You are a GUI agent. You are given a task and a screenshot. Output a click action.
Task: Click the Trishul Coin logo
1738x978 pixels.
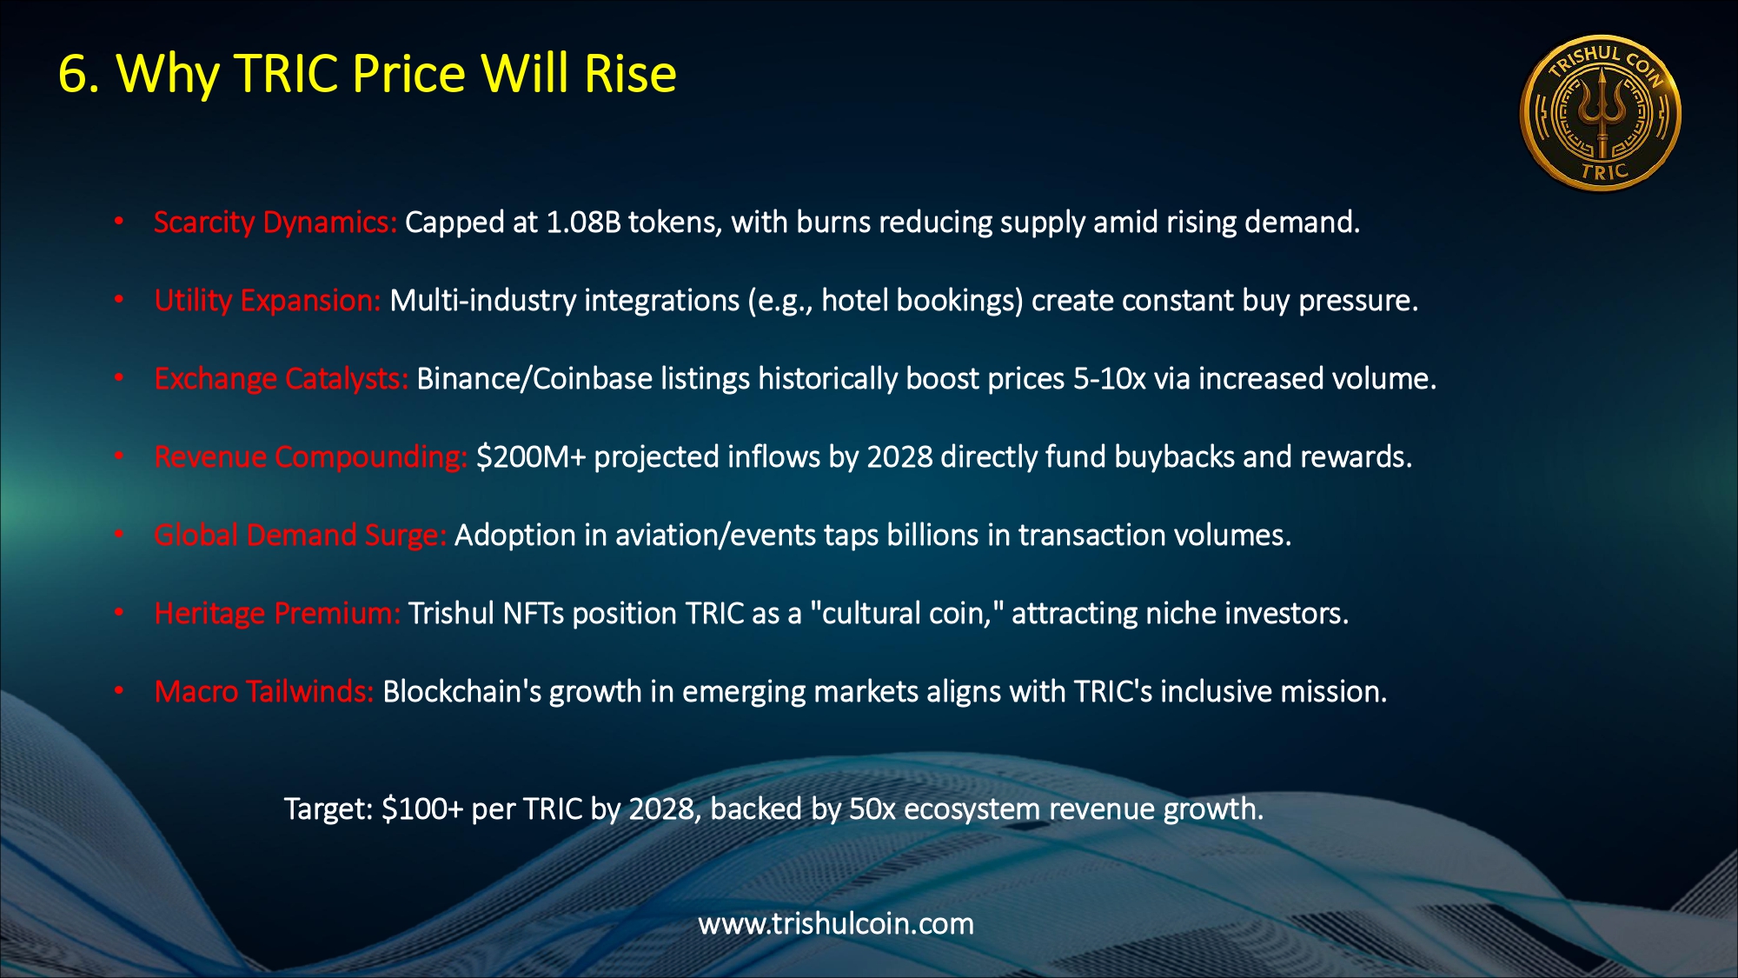pyautogui.click(x=1600, y=114)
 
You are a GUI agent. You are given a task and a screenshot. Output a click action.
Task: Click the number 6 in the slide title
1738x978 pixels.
pyautogui.click(x=73, y=74)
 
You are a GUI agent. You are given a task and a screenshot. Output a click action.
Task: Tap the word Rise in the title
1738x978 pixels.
pyautogui.click(x=630, y=73)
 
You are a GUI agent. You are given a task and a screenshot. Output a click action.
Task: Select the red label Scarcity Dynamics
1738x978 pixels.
pyautogui.click(x=275, y=223)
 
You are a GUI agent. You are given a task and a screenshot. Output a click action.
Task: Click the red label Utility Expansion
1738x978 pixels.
pyautogui.click(x=268, y=301)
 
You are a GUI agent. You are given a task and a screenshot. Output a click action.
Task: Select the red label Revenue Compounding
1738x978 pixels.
pyautogui.click(x=311, y=457)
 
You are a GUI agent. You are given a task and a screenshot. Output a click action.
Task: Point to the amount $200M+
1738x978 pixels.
pyautogui.click(x=531, y=457)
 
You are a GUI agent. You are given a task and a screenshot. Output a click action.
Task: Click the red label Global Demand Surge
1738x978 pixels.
pyautogui.click(x=301, y=536)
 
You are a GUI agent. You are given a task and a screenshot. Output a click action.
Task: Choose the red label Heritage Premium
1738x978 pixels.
pyautogui.click(x=277, y=614)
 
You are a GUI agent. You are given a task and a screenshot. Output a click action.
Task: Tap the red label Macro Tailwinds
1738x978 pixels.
pyautogui.click(x=264, y=692)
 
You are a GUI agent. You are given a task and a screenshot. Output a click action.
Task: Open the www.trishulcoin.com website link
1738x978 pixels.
pyautogui.click(x=836, y=924)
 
